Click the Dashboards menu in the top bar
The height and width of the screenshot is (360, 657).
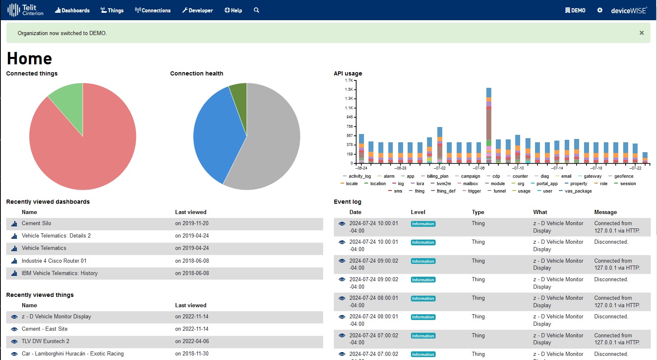tap(73, 10)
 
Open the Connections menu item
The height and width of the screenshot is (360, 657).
tap(153, 10)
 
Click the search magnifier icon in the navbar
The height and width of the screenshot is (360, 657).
tap(256, 10)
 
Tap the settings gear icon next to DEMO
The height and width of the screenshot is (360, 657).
tap(600, 10)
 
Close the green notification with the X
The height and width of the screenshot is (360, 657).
tap(641, 33)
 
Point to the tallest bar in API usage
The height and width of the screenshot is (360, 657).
tap(489, 124)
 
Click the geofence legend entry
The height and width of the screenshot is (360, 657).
tap(623, 176)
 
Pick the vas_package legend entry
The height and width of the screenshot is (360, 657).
tap(578, 191)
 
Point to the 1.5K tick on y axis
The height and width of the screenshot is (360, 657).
tap(349, 89)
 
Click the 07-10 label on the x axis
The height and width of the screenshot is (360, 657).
tap(518, 168)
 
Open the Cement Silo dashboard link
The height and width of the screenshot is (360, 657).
tap(36, 223)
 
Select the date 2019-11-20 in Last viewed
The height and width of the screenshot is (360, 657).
tap(192, 223)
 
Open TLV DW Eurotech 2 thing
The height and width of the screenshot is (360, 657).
tap(45, 341)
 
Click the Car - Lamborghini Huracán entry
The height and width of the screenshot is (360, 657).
tap(73, 353)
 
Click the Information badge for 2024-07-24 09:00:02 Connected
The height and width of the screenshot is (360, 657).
tap(423, 261)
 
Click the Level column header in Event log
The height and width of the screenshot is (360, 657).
tap(418, 212)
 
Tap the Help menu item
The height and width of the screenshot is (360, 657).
tap(233, 10)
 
